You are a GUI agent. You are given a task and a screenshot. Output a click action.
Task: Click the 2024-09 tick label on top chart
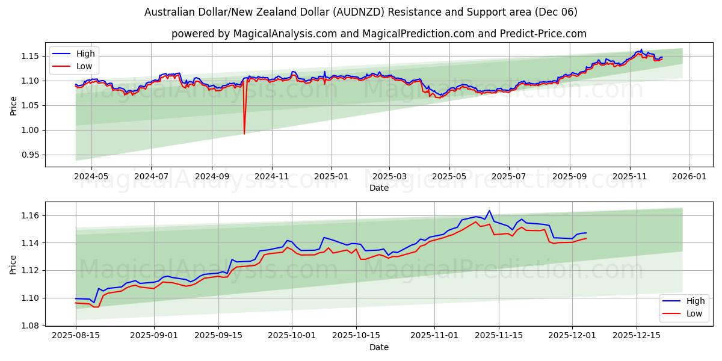tap(212, 177)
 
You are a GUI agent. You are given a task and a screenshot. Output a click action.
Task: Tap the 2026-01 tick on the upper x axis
tap(689, 177)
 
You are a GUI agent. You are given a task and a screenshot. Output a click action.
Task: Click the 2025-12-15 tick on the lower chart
tap(637, 336)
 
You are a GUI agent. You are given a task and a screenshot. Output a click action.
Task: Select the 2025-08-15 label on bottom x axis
tap(76, 336)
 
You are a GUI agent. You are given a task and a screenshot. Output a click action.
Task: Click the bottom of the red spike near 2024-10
tap(244, 134)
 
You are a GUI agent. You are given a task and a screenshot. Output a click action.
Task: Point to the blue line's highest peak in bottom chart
tap(489, 211)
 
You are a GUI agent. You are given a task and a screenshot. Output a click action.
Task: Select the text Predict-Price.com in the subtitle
tap(543, 34)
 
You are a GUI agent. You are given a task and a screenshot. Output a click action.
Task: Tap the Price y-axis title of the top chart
tap(13, 105)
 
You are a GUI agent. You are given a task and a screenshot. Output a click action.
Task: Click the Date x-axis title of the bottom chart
tap(379, 347)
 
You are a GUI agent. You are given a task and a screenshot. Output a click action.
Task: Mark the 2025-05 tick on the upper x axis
tap(449, 177)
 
